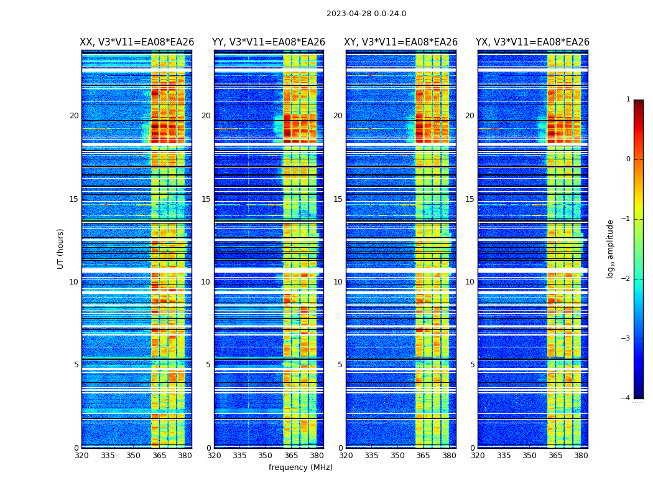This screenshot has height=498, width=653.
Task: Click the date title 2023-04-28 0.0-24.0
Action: [x=366, y=14]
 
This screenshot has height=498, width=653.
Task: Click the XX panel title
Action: [x=137, y=42]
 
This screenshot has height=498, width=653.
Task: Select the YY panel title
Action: [x=269, y=42]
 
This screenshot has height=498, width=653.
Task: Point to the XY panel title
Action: [x=401, y=42]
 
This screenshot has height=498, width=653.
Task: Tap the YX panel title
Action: [x=532, y=42]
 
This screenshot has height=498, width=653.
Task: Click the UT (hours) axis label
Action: [x=61, y=248]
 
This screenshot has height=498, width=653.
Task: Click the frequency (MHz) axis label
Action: [x=300, y=467]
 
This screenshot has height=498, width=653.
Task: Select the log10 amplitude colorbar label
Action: [x=611, y=248]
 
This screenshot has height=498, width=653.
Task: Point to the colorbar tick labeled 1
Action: [x=628, y=100]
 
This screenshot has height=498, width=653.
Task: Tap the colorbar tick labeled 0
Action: [x=628, y=159]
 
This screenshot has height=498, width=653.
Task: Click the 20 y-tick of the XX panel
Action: [x=74, y=116]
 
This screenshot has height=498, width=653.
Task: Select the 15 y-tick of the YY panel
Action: [x=206, y=199]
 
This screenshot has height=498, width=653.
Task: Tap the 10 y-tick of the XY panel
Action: [x=338, y=282]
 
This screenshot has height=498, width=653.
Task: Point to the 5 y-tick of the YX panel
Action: [x=472, y=365]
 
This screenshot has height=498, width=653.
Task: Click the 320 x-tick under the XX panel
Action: [x=81, y=456]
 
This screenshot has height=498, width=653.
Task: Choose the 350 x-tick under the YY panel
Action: [x=266, y=456]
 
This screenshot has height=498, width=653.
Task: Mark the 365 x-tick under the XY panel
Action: [x=423, y=456]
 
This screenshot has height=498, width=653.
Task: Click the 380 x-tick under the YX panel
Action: [x=581, y=456]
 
